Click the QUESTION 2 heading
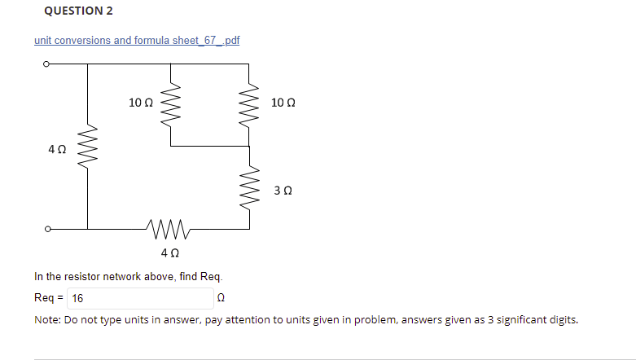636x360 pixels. (78, 11)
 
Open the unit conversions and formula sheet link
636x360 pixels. (137, 41)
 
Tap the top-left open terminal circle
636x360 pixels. (46, 64)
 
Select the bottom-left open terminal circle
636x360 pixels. (47, 229)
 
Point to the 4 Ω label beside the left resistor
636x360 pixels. (57, 149)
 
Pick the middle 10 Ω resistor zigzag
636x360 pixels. (170, 104)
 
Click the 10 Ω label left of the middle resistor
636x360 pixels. (141, 103)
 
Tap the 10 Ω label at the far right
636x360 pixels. (283, 103)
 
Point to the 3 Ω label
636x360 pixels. (283, 191)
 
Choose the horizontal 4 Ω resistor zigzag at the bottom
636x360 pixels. (169, 229)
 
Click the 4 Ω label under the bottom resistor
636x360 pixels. (170, 252)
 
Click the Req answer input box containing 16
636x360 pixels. (140, 298)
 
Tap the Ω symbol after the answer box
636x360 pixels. (221, 298)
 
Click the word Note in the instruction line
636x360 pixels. (47, 320)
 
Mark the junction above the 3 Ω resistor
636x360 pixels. (249, 146)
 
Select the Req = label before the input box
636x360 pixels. (49, 298)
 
